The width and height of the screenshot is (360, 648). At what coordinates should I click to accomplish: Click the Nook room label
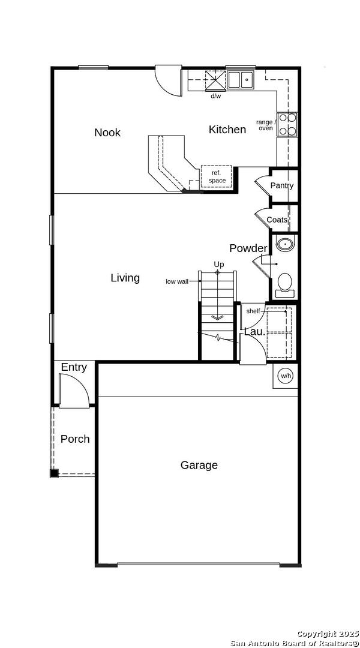tap(107, 133)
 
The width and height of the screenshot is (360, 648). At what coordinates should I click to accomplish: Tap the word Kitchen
tap(227, 130)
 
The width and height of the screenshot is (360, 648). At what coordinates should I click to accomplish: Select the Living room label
tap(125, 278)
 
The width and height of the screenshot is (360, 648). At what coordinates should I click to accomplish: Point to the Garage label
tap(199, 466)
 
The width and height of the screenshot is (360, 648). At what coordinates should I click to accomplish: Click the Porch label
tap(75, 439)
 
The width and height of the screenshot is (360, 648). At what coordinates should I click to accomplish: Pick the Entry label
tap(74, 367)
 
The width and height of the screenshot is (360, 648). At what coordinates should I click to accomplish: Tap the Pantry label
tap(282, 185)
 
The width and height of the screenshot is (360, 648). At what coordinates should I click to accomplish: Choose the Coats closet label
tap(277, 220)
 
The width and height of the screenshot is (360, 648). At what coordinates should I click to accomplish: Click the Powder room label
tap(248, 248)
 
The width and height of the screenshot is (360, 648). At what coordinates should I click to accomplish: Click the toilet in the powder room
tap(284, 285)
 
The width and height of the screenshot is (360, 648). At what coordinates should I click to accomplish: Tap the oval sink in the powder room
tap(284, 244)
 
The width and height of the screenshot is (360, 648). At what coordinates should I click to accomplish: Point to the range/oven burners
tap(287, 124)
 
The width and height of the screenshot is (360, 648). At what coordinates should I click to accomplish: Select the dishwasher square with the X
tap(216, 80)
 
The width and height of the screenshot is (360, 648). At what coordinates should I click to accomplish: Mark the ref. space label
tap(217, 177)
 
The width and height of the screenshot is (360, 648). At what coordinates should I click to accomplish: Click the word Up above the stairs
tap(218, 263)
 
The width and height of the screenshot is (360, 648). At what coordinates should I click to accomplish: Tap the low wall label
tap(177, 281)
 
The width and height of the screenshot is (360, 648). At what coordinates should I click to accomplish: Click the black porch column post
tap(54, 473)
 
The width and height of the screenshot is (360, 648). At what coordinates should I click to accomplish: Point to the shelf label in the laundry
tap(253, 311)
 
